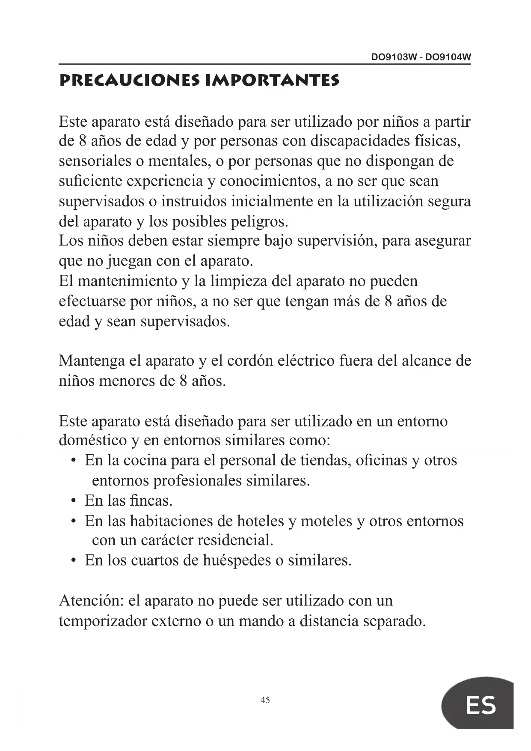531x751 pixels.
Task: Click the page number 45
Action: coord(265,700)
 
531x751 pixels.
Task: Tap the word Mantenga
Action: coord(92,361)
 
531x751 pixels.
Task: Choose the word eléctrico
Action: coord(306,361)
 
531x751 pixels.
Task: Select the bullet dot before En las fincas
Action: coord(74,501)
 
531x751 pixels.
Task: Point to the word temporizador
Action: coord(103,621)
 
